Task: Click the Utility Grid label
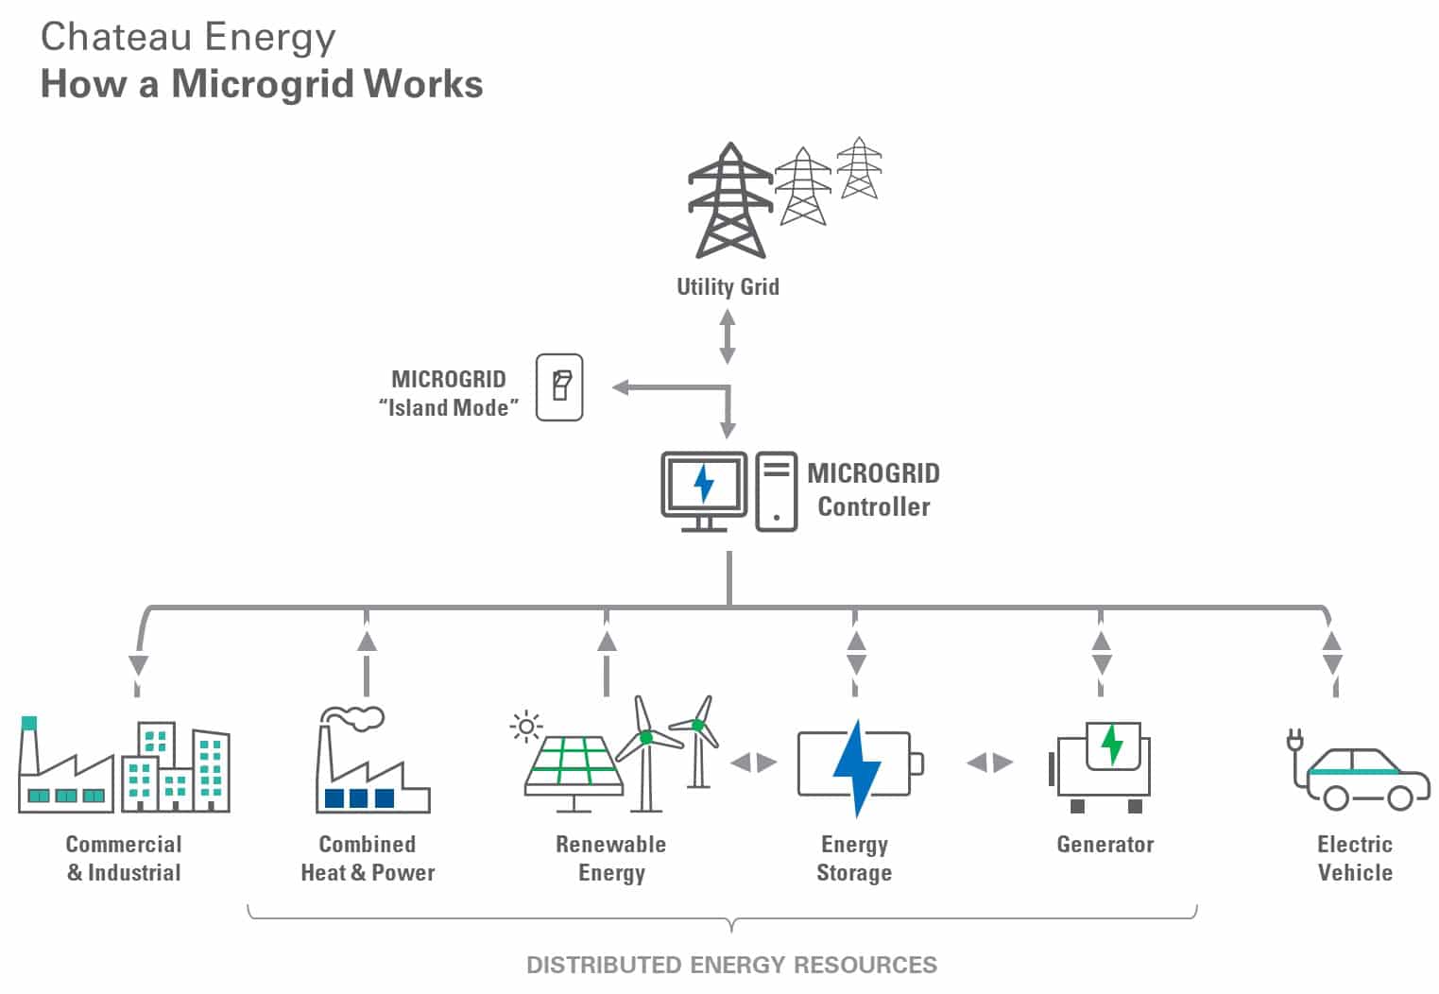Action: tap(728, 286)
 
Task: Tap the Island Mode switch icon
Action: tap(559, 387)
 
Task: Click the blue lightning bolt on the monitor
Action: tap(704, 483)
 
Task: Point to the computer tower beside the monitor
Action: tap(776, 491)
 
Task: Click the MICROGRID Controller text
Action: tap(873, 489)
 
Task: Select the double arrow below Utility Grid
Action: tap(728, 337)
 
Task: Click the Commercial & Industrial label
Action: tap(124, 858)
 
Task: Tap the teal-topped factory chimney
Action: tap(29, 725)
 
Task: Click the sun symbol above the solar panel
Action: tap(525, 727)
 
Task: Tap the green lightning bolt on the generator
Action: tap(1112, 745)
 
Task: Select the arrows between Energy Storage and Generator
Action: tap(989, 763)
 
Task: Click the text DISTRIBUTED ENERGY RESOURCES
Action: tap(731, 965)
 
